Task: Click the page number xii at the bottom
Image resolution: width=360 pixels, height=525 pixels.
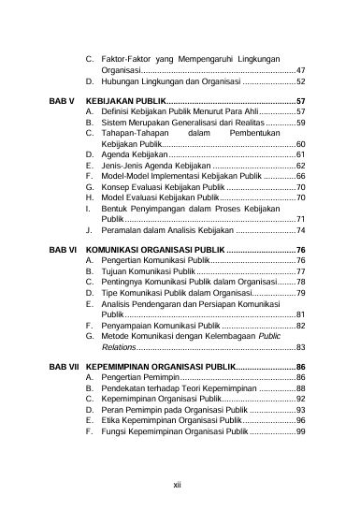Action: [x=180, y=485]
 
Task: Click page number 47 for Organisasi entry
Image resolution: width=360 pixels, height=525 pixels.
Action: [x=299, y=70]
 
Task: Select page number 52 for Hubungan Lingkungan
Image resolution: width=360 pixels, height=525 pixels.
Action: [x=299, y=81]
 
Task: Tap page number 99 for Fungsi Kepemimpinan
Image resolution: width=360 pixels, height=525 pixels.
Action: [x=299, y=432]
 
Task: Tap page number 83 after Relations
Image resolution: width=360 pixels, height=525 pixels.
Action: [x=299, y=346]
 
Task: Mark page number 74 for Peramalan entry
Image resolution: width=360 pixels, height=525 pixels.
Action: [x=299, y=229]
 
